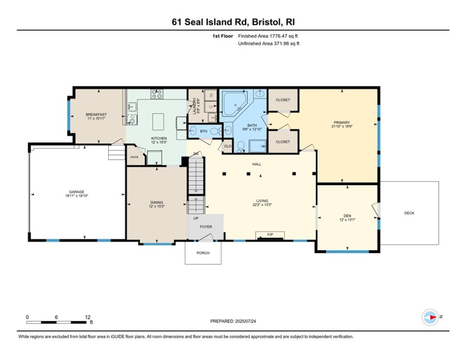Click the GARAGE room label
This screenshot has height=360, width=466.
coord(77,192)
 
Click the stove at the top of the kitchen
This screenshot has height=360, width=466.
coord(156,94)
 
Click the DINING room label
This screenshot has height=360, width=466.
coord(156,202)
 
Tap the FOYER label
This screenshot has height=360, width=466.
coord(206,227)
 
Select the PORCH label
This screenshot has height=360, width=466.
coord(202,253)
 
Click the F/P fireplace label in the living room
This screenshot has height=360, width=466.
coord(270,233)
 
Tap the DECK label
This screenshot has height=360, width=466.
coord(409,213)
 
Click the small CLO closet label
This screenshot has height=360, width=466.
coord(227,146)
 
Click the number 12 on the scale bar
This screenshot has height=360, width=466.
coord(87,317)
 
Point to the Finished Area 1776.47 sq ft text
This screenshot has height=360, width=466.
coord(268,36)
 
